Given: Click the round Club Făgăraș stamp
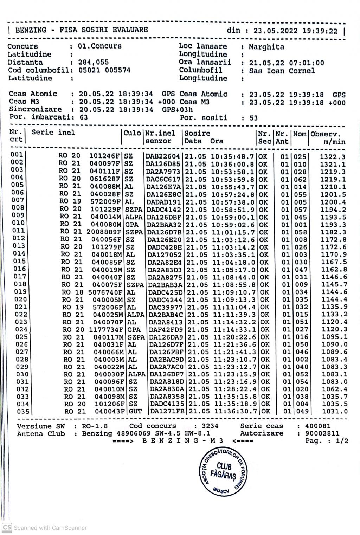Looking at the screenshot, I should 224,471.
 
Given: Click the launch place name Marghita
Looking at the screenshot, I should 266,47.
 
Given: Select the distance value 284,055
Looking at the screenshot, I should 93,63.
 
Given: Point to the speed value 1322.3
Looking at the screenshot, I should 332,157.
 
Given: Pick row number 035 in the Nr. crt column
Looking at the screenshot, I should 23,411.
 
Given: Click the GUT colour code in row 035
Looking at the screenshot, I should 135,411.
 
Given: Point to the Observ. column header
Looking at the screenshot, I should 325,134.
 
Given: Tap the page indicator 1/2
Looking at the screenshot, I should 342,441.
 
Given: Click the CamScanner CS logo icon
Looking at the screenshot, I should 7,527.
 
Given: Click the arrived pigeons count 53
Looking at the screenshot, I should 253,118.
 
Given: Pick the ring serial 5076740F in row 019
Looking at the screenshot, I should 105,292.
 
